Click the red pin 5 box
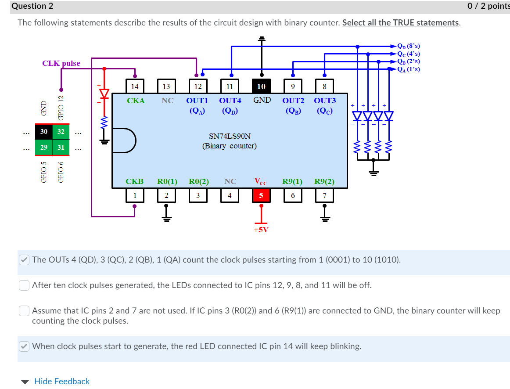(x=261, y=196)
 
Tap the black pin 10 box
(x=261, y=86)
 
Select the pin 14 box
(x=135, y=86)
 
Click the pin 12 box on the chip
(x=198, y=86)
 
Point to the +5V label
(x=261, y=229)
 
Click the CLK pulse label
(x=61, y=63)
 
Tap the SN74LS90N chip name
(x=230, y=137)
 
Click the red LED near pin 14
(x=104, y=94)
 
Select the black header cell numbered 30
(x=44, y=132)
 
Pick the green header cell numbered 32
(x=61, y=132)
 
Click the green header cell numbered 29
(x=44, y=147)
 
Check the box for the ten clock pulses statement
(x=24, y=285)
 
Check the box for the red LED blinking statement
(x=24, y=346)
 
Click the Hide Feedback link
(x=61, y=381)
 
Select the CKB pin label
(x=134, y=181)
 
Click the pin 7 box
(x=324, y=196)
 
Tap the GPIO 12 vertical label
(x=61, y=108)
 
